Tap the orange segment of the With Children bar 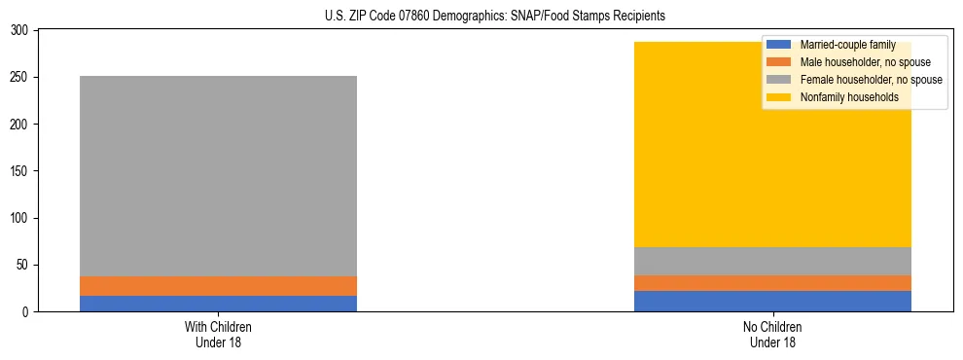coord(218,286)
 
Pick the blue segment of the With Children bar coord(218,304)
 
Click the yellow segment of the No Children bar coord(772,156)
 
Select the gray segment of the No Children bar coord(772,262)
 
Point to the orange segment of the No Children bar coord(772,283)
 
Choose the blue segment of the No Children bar coord(772,302)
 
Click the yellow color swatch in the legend coord(779,97)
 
